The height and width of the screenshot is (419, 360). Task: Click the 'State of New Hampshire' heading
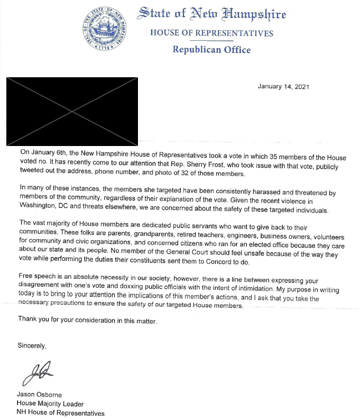point(211,14)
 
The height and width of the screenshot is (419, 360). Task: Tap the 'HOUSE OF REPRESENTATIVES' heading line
point(211,33)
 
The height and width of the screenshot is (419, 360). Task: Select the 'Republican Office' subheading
point(211,50)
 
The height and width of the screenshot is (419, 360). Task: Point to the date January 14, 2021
point(283,86)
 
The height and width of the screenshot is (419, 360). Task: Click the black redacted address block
point(72,111)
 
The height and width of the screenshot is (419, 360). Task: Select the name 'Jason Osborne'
point(40,395)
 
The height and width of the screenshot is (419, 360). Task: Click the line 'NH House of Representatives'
point(60,413)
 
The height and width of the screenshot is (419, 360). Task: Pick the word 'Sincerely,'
point(32,346)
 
